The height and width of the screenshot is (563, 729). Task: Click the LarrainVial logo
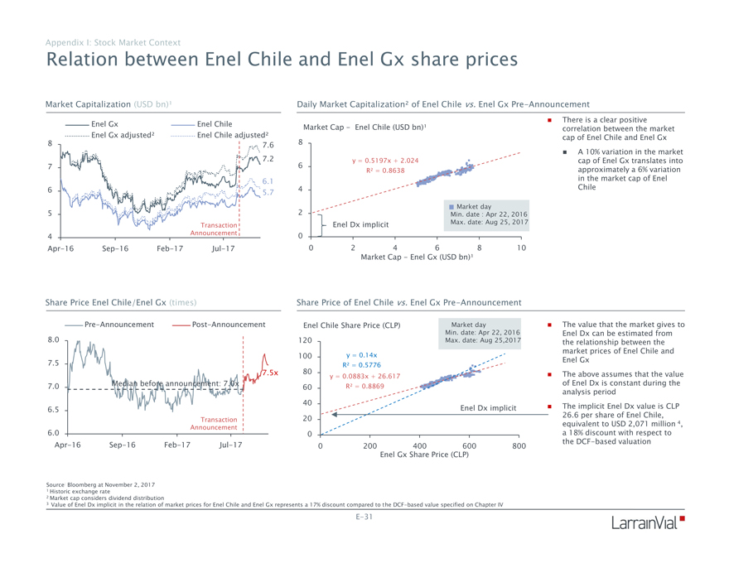point(649,523)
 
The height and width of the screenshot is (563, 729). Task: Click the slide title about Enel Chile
point(282,60)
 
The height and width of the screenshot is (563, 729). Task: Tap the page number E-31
point(364,517)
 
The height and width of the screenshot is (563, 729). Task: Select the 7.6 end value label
point(268,145)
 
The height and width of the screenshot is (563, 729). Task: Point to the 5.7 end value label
point(268,192)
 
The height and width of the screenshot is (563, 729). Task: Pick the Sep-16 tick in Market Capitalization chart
point(114,248)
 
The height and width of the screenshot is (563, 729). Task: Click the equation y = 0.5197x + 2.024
point(384,160)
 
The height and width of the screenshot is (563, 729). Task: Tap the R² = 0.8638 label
point(384,171)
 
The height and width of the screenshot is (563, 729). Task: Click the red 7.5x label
point(270,373)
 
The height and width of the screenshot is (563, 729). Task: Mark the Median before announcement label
point(175,383)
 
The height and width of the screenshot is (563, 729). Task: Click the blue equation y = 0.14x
point(362,354)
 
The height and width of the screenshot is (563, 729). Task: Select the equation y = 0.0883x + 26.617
point(364,376)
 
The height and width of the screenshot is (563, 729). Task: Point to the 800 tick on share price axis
point(519,445)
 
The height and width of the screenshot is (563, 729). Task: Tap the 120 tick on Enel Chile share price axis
point(306,341)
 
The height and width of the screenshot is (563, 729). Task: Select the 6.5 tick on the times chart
point(54,410)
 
